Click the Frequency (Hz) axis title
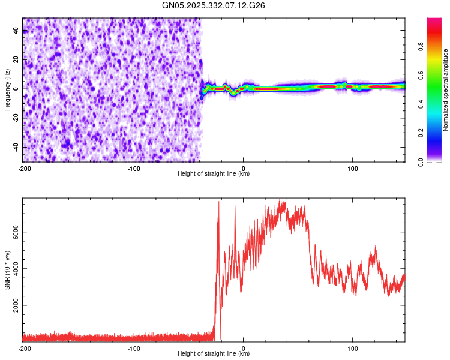7,89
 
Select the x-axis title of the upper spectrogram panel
214,174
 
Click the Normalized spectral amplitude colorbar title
446,90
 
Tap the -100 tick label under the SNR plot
133,349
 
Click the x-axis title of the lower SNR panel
214,354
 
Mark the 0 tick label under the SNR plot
243,349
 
